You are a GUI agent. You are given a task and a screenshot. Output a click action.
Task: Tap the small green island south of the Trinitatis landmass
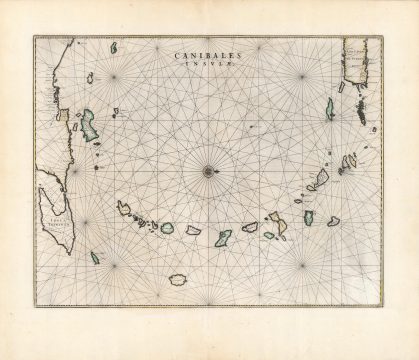tap(95, 257)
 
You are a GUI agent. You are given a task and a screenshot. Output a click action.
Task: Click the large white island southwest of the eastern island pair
tap(318, 181)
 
